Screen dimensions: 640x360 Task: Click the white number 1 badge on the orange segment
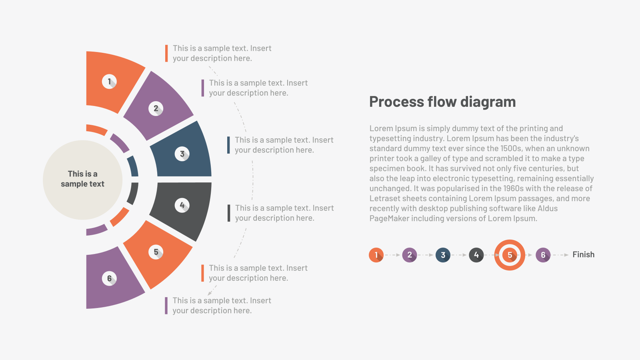[109, 82]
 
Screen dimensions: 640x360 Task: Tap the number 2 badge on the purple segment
[156, 108]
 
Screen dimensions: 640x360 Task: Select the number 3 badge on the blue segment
[182, 154]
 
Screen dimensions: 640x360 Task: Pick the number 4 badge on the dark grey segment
[182, 205]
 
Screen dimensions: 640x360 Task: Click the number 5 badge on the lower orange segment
[156, 252]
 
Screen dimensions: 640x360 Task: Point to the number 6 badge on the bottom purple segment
[109, 278]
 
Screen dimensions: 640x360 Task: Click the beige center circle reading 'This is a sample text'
[82, 180]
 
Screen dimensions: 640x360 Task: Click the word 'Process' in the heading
[396, 102]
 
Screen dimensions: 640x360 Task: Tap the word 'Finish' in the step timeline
[584, 254]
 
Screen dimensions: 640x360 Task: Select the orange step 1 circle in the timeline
[376, 255]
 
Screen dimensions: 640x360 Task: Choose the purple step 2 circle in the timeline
[410, 255]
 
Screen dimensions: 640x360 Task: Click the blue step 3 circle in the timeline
[443, 255]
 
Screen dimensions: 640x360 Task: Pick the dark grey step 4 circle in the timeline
[476, 255]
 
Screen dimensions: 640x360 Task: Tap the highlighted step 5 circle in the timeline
[510, 255]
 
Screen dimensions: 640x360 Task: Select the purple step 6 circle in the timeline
[543, 255]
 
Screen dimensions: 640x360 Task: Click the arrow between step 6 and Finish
[560, 255]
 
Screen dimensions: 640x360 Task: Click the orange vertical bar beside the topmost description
[166, 53]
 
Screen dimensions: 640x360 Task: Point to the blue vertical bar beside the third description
[228, 145]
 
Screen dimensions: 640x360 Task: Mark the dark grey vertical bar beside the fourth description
[228, 213]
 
